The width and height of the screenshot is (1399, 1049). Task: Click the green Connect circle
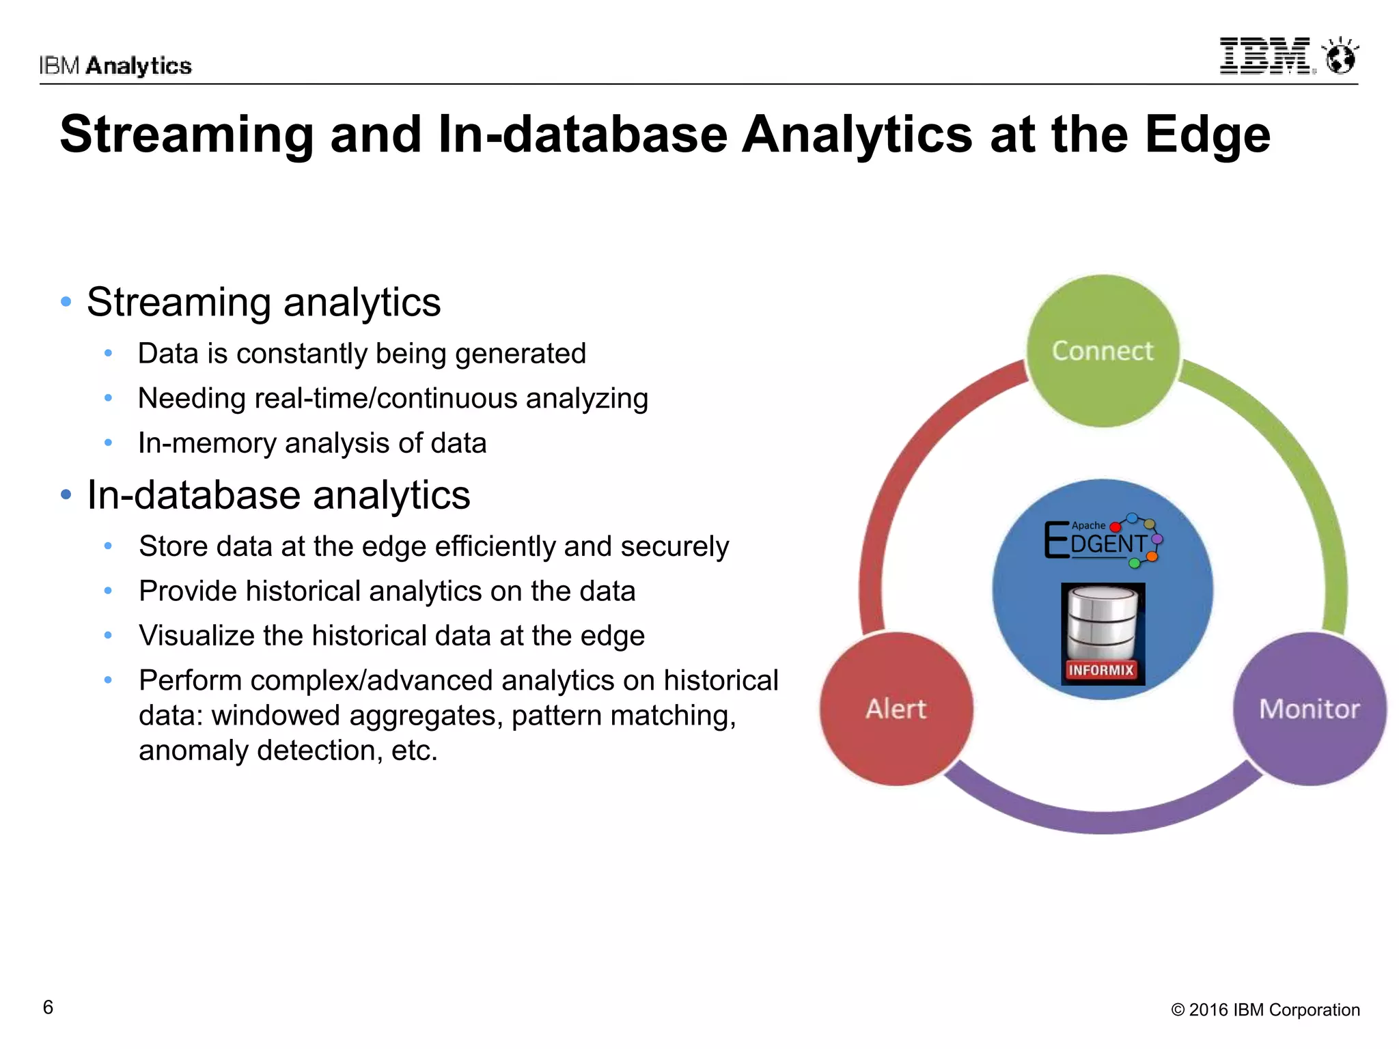1102,351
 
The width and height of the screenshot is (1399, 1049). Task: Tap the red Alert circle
896,709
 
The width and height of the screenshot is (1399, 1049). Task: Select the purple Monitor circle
1310,709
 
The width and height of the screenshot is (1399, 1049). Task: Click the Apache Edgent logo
1102,540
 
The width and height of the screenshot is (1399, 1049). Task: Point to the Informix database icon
1103,633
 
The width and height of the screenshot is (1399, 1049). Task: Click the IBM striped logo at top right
1265,56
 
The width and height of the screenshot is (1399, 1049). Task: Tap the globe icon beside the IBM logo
1340,56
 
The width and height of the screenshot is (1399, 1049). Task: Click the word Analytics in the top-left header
139,66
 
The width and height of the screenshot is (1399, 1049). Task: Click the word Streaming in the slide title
186,135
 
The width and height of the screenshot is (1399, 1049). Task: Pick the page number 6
48,1007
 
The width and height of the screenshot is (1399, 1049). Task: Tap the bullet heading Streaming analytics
264,303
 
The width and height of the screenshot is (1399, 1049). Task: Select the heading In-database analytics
279,495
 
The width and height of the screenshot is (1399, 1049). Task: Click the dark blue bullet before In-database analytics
66,494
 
